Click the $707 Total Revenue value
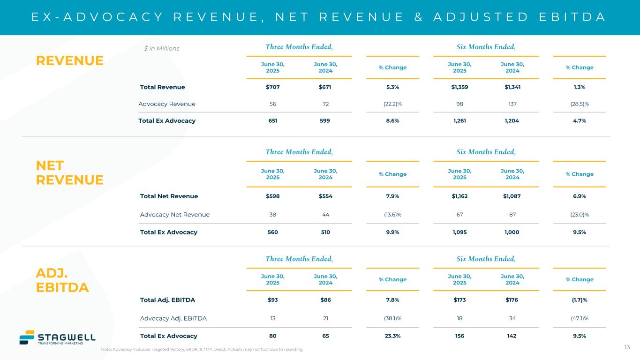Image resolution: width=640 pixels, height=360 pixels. (x=272, y=87)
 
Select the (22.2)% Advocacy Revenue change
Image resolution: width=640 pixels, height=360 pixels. (x=392, y=104)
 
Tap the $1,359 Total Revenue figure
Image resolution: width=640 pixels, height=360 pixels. (x=459, y=87)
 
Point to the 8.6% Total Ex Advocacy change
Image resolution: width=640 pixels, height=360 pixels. (x=392, y=120)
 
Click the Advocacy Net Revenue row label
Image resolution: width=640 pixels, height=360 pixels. (x=175, y=215)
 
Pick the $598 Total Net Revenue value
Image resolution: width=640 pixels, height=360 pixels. (x=272, y=196)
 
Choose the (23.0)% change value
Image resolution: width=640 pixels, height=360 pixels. (x=580, y=215)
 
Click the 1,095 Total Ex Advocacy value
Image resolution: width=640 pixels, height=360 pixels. (x=459, y=232)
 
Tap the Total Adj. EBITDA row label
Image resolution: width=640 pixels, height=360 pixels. (x=167, y=300)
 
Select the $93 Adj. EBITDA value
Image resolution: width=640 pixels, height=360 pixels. (x=272, y=300)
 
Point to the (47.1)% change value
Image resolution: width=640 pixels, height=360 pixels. (x=580, y=318)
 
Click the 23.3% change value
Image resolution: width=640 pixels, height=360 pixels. (x=392, y=336)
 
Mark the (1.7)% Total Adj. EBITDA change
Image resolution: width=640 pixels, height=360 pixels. (x=580, y=300)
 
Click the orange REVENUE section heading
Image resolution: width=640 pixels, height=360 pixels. (x=70, y=60)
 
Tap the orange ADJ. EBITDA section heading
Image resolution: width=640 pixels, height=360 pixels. (x=62, y=280)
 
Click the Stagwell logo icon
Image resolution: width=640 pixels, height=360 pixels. (x=27, y=337)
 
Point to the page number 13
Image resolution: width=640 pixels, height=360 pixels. (x=627, y=347)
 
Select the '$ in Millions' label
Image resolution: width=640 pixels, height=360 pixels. (x=161, y=48)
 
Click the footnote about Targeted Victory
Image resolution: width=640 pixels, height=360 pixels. (x=202, y=350)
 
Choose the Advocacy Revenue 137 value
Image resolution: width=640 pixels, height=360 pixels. (x=512, y=104)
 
